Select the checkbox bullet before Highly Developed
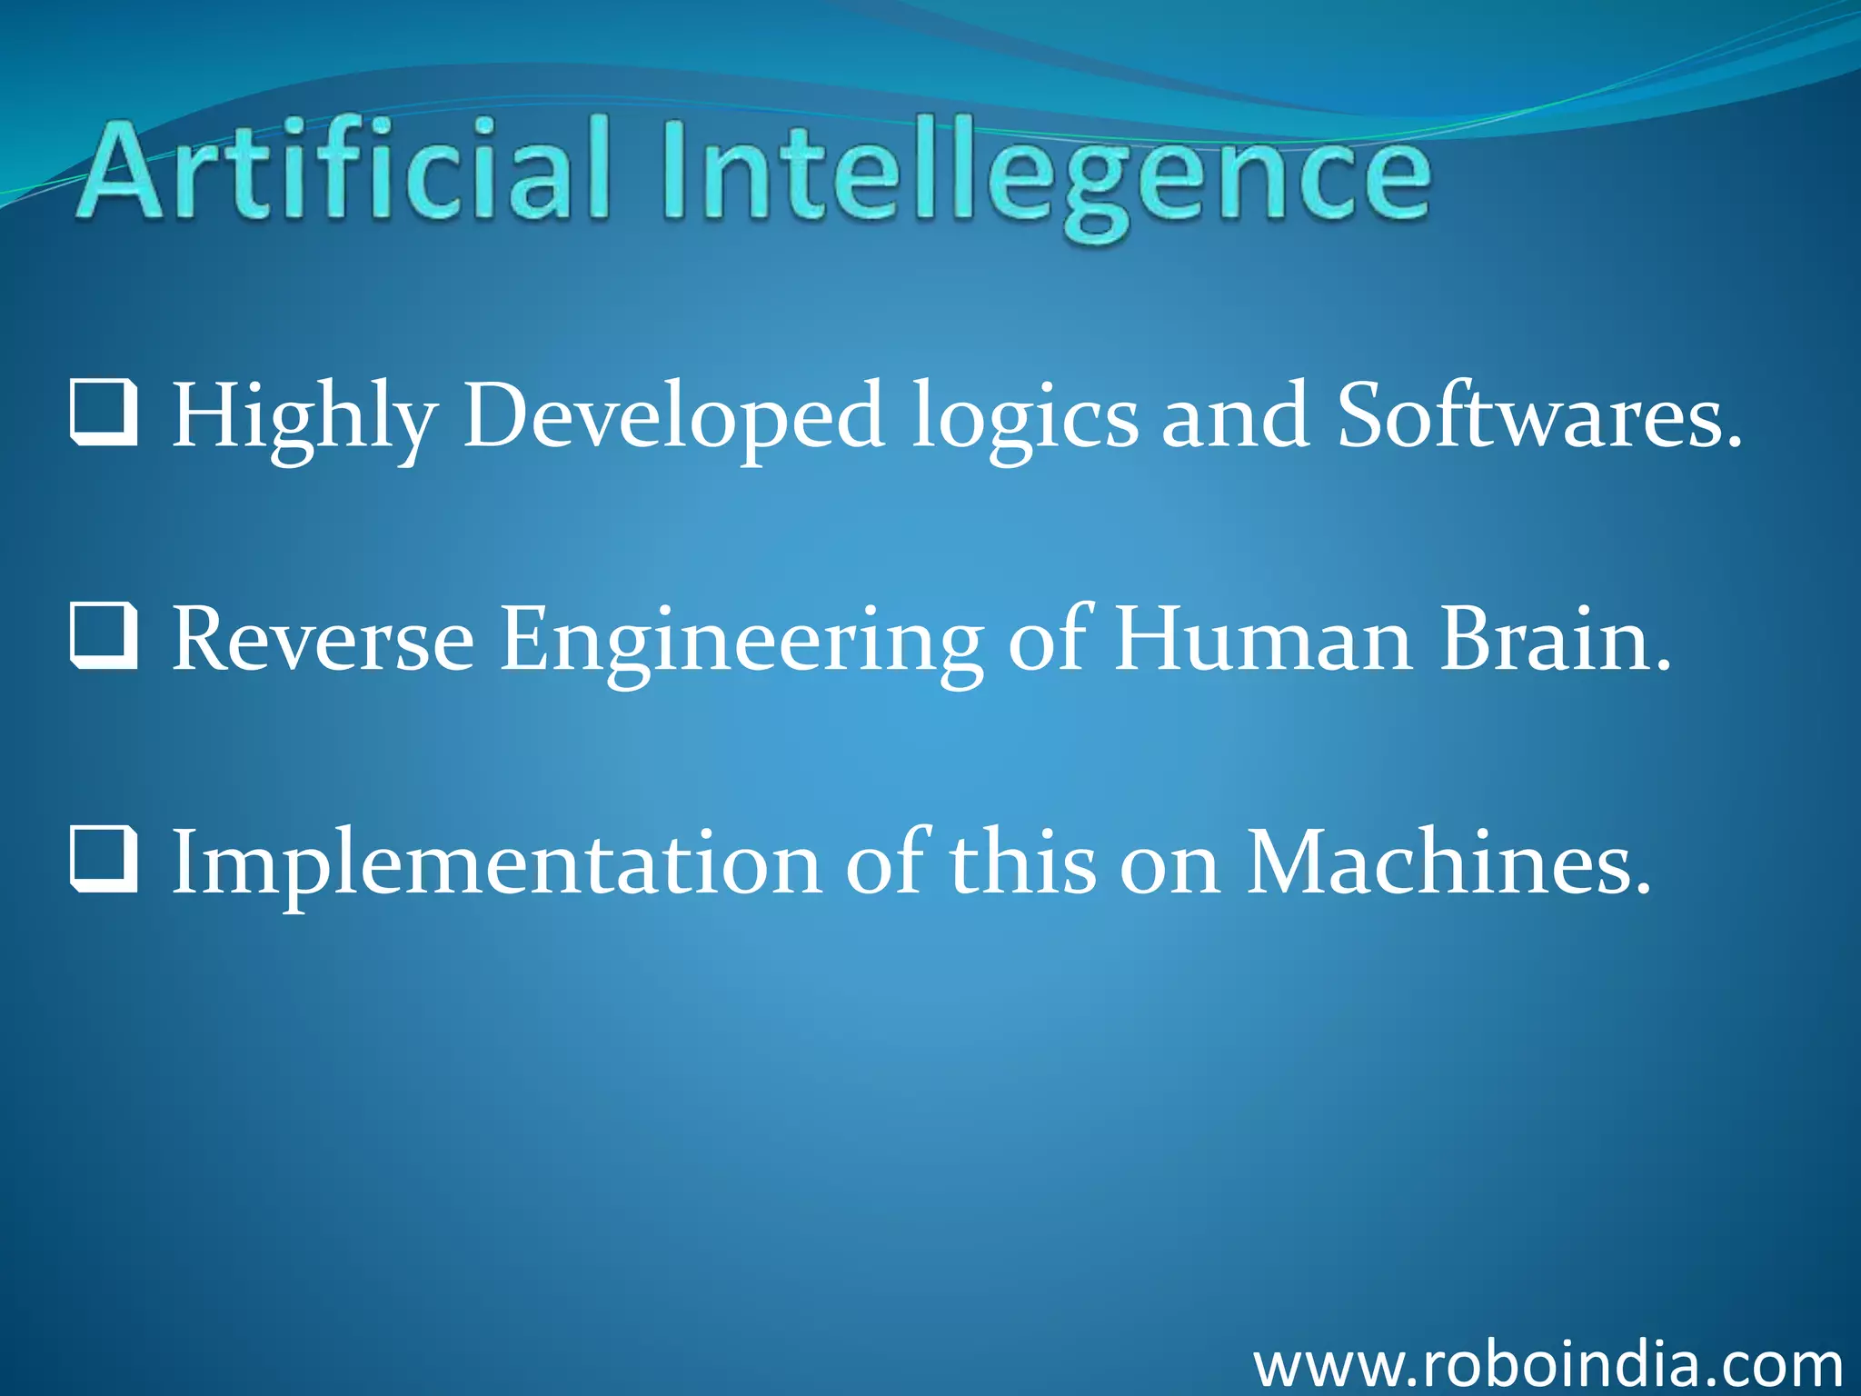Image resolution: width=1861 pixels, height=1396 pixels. (x=104, y=414)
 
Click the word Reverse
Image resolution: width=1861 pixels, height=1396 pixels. (x=323, y=640)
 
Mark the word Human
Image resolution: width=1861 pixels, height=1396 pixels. (x=1263, y=640)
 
